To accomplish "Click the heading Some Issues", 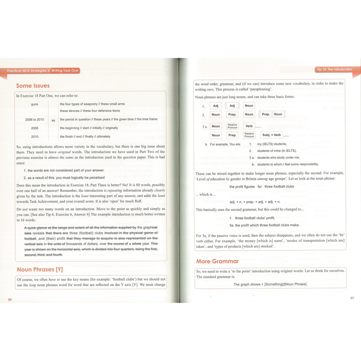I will tap(33, 86).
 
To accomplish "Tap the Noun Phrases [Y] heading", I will tap(40, 270).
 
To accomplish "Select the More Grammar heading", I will tap(217, 261).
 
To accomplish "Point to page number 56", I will tap(10, 299).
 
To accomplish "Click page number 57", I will tap(352, 298).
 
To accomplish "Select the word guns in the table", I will tap(35, 104).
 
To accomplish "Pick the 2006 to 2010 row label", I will tap(35, 120).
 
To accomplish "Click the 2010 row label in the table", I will tap(35, 136).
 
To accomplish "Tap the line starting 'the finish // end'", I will tap(85, 136).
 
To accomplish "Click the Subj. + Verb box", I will tap(271, 135).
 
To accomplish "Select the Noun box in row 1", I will tap(249, 106).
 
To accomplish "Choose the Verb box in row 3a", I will tap(249, 126).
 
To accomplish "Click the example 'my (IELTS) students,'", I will tap(272, 144).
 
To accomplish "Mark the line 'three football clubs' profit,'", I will tap(255, 218).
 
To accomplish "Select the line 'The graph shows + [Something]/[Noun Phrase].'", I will tap(270, 284).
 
